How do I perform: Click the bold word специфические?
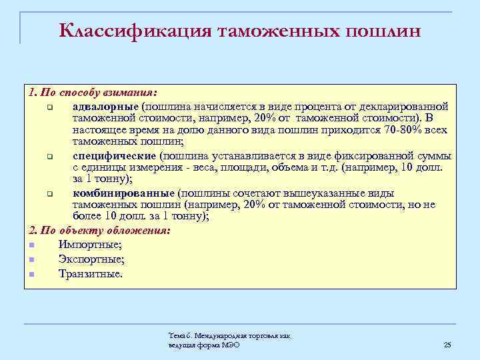110,155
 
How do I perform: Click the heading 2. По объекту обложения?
100,231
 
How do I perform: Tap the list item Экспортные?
91,259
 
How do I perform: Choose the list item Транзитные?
91,273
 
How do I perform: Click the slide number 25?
447,345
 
